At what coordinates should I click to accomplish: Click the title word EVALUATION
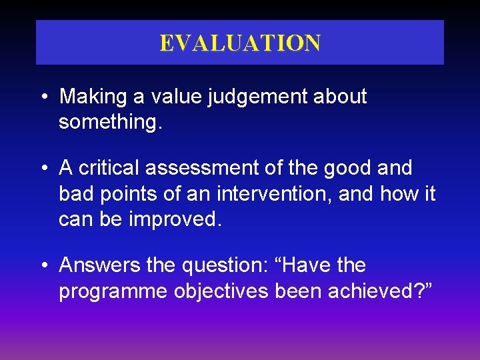click(x=240, y=43)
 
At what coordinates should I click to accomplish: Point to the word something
click(x=109, y=122)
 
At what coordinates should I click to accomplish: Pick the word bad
click(x=75, y=194)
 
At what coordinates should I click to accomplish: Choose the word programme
click(x=113, y=291)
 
